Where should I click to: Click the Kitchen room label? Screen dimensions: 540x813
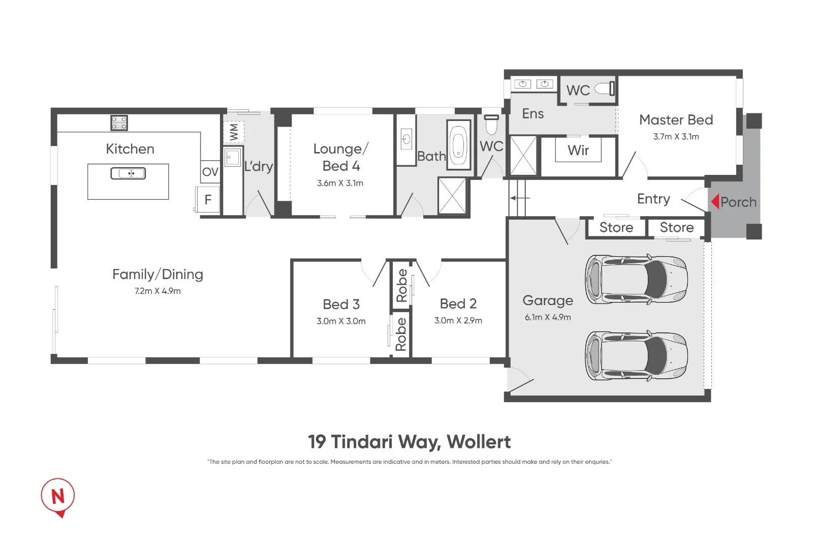pyautogui.click(x=130, y=149)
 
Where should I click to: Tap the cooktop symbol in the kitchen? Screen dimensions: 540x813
pyautogui.click(x=119, y=123)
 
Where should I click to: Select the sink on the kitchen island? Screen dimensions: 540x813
pyautogui.click(x=128, y=173)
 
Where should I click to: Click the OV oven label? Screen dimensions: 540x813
pyautogui.click(x=210, y=172)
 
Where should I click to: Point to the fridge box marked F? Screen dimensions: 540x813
pyautogui.click(x=208, y=200)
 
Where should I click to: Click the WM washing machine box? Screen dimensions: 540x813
pyautogui.click(x=234, y=132)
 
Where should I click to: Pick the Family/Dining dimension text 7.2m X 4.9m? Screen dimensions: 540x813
pyautogui.click(x=158, y=291)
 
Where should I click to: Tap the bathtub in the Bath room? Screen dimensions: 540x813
pyautogui.click(x=459, y=145)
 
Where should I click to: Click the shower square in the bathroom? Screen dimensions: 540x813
pyautogui.click(x=452, y=196)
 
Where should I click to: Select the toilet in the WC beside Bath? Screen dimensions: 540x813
pyautogui.click(x=491, y=124)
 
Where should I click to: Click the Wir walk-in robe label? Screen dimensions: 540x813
pyautogui.click(x=578, y=151)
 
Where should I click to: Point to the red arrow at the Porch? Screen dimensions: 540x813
pyautogui.click(x=714, y=202)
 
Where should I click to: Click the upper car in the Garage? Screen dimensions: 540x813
pyautogui.click(x=636, y=280)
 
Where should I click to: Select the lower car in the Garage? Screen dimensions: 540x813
pyautogui.click(x=636, y=355)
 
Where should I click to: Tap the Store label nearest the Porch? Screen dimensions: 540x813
pyautogui.click(x=677, y=228)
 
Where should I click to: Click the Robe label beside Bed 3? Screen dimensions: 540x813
pyautogui.click(x=401, y=334)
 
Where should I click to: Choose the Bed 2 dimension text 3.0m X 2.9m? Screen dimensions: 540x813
pyautogui.click(x=458, y=321)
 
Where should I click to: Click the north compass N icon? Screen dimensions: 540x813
pyautogui.click(x=58, y=496)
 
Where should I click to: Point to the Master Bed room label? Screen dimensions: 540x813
pyautogui.click(x=676, y=120)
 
